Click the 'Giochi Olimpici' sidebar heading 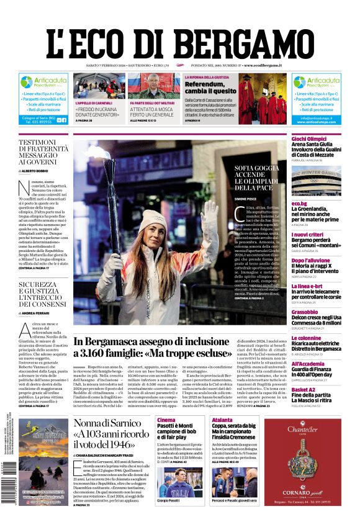click(x=308, y=138)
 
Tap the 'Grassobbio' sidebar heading click(x=305, y=312)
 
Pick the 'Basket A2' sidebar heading click(x=304, y=390)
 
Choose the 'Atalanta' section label click(x=222, y=420)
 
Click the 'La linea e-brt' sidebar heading click(x=308, y=286)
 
